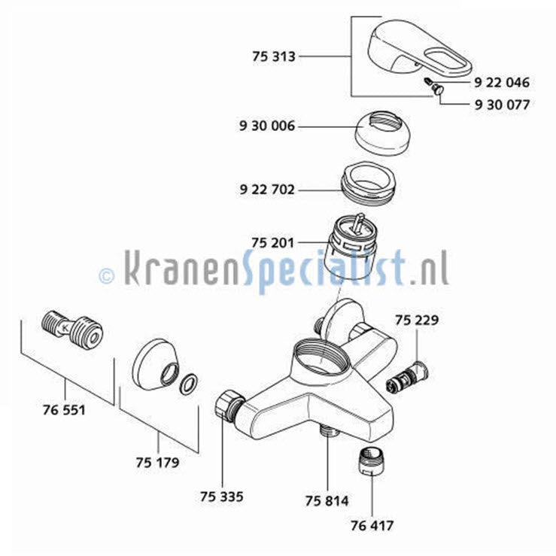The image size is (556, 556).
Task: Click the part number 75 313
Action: coord(273,56)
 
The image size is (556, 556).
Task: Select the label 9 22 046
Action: coord(502,83)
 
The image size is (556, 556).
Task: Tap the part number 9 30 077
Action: coord(502,105)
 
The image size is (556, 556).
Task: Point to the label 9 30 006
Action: coord(267,126)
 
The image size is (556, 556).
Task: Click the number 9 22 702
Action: coord(267,190)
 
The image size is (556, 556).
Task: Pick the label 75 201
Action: coord(272,243)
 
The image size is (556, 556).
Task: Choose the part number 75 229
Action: coord(417,321)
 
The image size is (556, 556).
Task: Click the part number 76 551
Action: coord(64,410)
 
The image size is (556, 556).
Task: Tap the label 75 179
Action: coord(157,463)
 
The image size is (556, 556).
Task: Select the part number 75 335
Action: coord(222,497)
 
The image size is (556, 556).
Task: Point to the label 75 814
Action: coord(327,501)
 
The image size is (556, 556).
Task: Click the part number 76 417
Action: coord(372,525)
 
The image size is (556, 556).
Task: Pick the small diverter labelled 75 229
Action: coord(407,378)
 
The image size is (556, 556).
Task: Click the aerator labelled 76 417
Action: coord(372,461)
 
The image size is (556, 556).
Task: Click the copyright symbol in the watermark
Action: coord(107,275)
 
